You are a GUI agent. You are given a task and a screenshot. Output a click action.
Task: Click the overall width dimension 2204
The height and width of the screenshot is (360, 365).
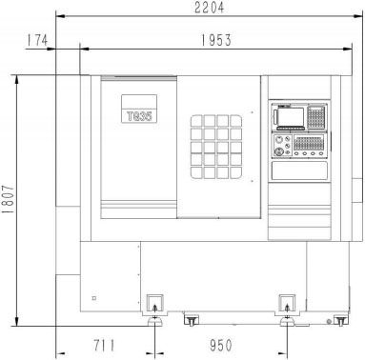point(209,8)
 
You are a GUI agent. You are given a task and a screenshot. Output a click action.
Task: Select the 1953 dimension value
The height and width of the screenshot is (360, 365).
point(216,40)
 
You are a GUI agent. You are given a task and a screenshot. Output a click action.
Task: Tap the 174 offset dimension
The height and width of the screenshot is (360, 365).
point(37,40)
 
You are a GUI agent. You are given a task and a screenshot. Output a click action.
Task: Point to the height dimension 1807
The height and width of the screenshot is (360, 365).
point(8,199)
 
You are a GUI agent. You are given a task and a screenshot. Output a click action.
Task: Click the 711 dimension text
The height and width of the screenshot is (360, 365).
point(104,346)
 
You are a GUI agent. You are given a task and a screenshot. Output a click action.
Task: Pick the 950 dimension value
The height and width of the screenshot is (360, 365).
point(221,346)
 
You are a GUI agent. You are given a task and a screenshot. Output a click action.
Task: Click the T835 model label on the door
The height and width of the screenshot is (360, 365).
point(139,116)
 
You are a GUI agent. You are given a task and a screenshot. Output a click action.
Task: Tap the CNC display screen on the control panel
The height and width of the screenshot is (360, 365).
point(291,117)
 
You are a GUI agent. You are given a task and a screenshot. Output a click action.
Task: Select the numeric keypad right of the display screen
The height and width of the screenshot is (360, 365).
point(316,117)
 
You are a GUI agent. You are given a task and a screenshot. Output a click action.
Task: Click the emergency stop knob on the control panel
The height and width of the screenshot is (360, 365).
point(279,151)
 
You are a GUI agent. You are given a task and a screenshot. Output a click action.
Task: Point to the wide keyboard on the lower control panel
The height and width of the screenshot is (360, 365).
point(309,142)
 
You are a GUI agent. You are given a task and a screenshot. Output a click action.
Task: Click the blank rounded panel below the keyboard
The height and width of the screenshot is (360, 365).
point(299,170)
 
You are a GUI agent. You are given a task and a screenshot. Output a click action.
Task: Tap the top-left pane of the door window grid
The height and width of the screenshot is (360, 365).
point(196,121)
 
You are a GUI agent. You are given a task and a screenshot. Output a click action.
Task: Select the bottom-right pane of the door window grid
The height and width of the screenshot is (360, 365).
point(236,172)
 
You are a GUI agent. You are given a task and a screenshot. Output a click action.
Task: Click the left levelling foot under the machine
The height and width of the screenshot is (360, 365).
point(154,322)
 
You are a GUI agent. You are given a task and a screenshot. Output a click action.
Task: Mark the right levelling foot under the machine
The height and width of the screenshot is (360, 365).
point(287,322)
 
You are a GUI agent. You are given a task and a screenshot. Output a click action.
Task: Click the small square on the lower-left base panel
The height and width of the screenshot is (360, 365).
point(94,298)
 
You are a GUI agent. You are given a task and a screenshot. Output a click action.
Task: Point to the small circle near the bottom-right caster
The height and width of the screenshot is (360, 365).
point(329,322)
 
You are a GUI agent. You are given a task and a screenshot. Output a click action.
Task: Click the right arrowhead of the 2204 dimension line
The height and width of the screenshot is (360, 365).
point(358,16)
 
